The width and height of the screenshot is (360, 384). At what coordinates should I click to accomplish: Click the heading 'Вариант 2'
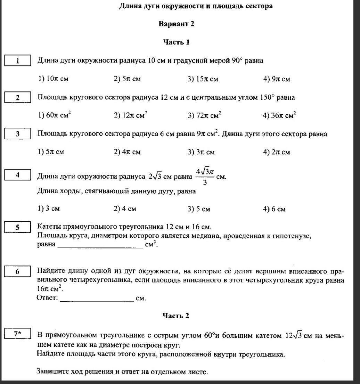(176, 24)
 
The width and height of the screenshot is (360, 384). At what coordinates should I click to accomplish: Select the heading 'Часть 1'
(176, 42)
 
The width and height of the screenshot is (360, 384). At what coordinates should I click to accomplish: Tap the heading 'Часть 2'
(176, 316)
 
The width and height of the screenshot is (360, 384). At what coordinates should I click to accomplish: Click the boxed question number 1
(18, 60)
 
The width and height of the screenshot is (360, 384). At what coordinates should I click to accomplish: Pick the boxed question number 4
(18, 175)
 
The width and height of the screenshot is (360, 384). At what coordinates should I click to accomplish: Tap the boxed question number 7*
(18, 334)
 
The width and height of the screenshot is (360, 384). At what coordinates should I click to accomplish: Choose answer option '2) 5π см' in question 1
(127, 79)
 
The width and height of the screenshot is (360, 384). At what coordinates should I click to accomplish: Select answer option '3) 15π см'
(203, 79)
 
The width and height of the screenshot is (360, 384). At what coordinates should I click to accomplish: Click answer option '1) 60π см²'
(55, 115)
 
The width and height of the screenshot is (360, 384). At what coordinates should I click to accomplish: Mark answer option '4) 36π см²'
(279, 115)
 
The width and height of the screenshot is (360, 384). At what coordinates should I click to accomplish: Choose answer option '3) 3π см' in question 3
(201, 152)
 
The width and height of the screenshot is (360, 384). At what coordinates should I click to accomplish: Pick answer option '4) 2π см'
(277, 152)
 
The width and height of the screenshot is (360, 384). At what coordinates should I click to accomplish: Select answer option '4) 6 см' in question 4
(275, 209)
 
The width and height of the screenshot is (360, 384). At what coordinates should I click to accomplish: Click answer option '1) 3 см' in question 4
(49, 209)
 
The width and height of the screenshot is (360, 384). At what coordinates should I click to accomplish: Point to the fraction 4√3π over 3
(204, 176)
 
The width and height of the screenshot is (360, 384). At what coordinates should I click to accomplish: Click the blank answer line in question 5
(100, 246)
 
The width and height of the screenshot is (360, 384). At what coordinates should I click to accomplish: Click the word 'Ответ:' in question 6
(47, 298)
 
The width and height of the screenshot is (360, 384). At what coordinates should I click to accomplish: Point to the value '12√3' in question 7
(293, 336)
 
